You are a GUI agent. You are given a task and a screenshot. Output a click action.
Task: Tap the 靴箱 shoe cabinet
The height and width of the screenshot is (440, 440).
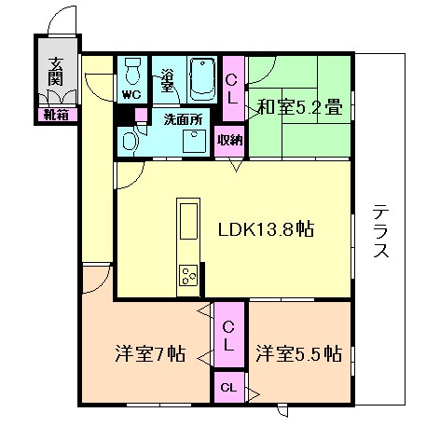tap(53, 115)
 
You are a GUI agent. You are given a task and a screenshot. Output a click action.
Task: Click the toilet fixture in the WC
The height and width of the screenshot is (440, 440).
tap(132, 71)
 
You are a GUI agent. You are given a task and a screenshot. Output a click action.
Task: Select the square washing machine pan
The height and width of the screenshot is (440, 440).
tap(195, 140)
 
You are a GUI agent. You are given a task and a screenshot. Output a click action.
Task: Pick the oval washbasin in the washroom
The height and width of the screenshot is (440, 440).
tap(131, 141)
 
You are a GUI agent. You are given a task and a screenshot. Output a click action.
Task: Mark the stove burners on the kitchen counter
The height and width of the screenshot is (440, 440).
tap(188, 276)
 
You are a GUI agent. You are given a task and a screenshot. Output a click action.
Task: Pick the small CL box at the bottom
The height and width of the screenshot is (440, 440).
tap(227, 387)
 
